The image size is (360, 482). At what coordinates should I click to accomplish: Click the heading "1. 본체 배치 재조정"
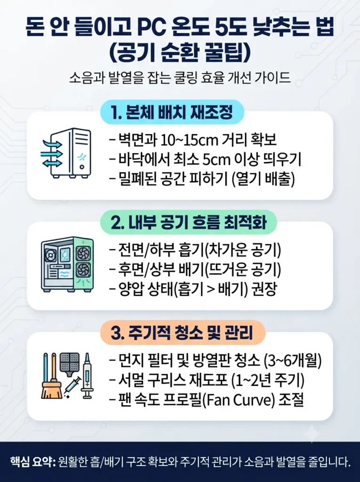coord(172,112)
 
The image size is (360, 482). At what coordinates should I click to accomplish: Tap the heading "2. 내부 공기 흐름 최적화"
coord(188,223)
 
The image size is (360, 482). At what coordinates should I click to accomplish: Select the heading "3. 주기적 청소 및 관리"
coord(182,333)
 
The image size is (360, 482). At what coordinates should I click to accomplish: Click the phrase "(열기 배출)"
coord(264,179)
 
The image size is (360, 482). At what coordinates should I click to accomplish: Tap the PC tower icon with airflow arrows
coord(66,153)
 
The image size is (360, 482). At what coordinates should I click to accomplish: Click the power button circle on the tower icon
coord(82,167)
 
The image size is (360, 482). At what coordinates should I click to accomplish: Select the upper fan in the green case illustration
coord(83,253)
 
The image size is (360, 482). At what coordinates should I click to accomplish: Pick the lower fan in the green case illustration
coord(83,270)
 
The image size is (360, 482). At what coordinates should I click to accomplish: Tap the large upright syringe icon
coord(87,376)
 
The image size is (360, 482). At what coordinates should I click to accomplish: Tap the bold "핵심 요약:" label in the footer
coord(32,462)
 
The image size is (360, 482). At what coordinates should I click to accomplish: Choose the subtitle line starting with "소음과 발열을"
coord(180,78)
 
